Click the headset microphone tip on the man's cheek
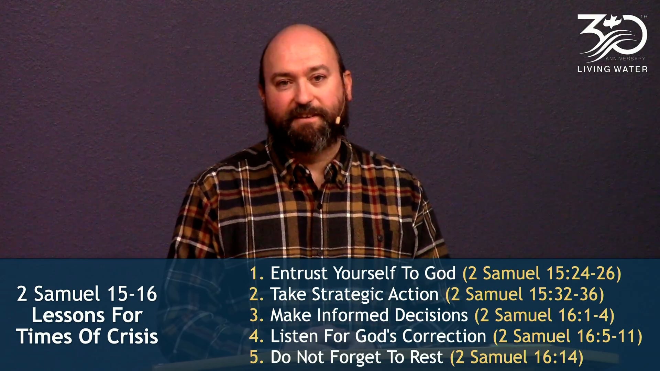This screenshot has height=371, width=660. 338,120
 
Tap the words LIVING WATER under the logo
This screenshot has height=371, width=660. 612,69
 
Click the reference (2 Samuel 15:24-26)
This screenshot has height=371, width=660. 542,273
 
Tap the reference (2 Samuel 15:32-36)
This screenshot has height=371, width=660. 525,294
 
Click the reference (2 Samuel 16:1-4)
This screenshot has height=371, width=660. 544,315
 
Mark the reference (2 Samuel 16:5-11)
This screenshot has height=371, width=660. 568,336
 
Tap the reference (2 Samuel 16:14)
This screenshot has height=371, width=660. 517,357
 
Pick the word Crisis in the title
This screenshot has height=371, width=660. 132,337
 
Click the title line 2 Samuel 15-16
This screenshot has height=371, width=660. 87,294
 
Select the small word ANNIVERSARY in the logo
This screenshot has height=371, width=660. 625,59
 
